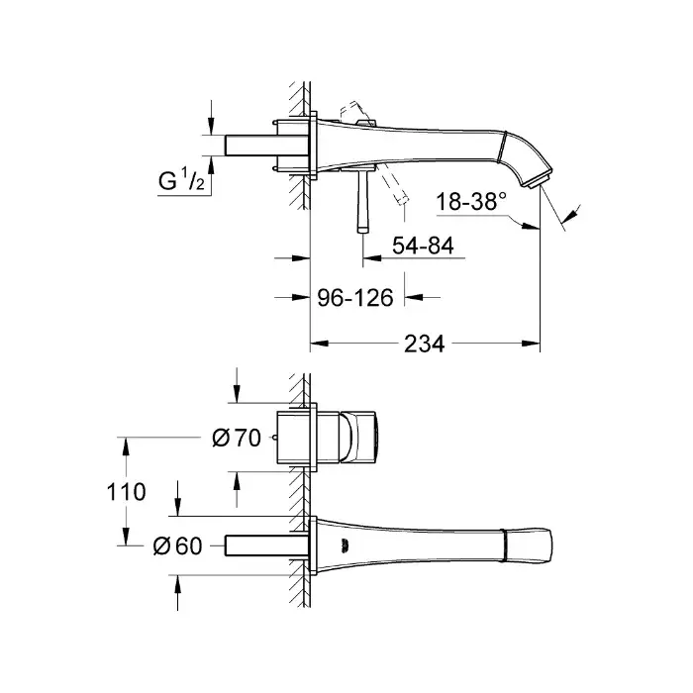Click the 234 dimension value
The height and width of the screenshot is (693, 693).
[x=425, y=344]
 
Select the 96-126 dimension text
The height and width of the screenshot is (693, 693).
[x=355, y=298]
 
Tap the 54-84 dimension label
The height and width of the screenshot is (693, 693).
[x=423, y=246]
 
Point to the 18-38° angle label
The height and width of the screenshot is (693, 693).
[x=471, y=202]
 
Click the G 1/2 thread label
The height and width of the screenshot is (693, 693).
[x=181, y=180]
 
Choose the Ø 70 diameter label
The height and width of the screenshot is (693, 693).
[x=237, y=438]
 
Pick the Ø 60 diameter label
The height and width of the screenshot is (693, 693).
[x=177, y=545]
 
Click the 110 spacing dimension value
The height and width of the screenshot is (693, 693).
[x=126, y=492]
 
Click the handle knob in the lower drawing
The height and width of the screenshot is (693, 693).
[x=358, y=438]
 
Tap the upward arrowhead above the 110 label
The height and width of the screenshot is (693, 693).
[x=126, y=446]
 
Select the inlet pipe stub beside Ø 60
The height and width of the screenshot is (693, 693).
[x=266, y=545]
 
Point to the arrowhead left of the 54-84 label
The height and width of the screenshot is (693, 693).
[x=371, y=257]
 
